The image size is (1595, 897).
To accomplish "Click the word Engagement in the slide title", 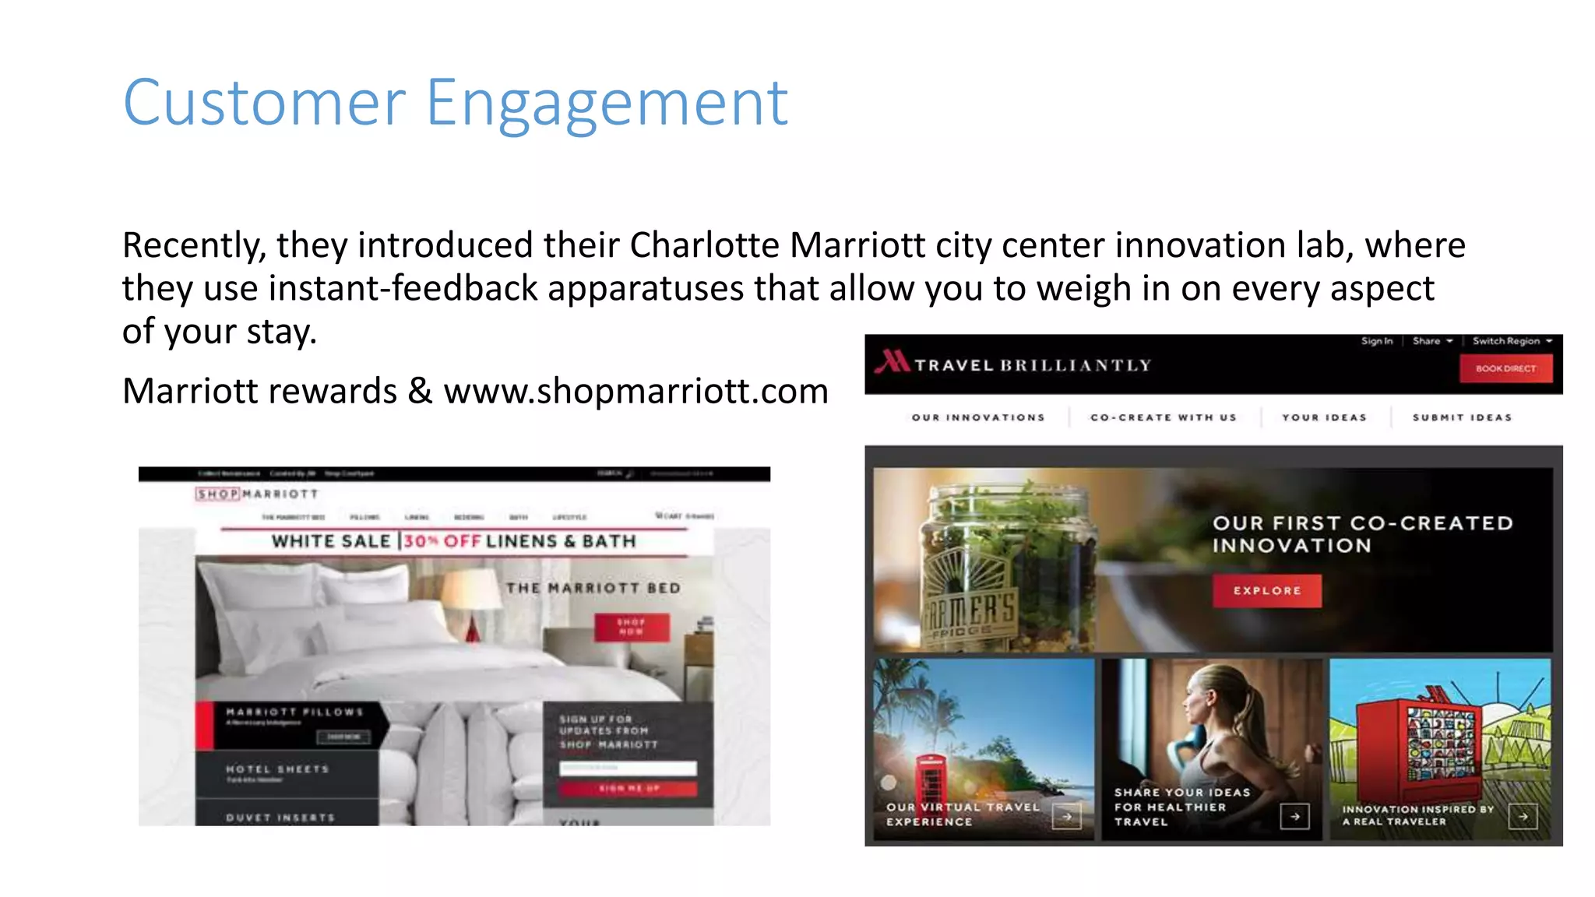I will [607, 104].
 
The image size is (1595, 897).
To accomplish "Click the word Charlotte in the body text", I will [704, 245].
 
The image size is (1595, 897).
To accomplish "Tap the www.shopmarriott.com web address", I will [636, 391].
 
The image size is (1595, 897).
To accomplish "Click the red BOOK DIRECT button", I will [1505, 368].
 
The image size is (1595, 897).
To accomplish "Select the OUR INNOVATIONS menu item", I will [978, 418].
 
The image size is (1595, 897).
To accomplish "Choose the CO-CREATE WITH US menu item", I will [1164, 418].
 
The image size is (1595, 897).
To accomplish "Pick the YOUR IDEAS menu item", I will [1324, 418].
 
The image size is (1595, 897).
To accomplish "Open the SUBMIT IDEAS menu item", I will [1462, 418].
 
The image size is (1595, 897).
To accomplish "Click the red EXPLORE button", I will [1267, 591].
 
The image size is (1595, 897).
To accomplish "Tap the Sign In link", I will [1376, 341].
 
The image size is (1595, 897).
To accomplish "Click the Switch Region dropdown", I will [1512, 341].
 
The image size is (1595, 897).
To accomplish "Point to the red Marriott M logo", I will [892, 362].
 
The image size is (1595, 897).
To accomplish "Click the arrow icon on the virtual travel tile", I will [1066, 817].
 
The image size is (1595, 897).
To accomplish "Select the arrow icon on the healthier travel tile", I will [1294, 817].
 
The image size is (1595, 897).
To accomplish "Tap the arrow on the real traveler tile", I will [1523, 817].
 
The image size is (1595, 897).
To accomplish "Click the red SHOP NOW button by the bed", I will [632, 627].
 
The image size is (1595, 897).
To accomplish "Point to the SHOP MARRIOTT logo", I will [257, 494].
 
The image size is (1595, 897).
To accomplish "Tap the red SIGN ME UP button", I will [628, 789].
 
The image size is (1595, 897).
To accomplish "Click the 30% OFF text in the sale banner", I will [442, 541].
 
